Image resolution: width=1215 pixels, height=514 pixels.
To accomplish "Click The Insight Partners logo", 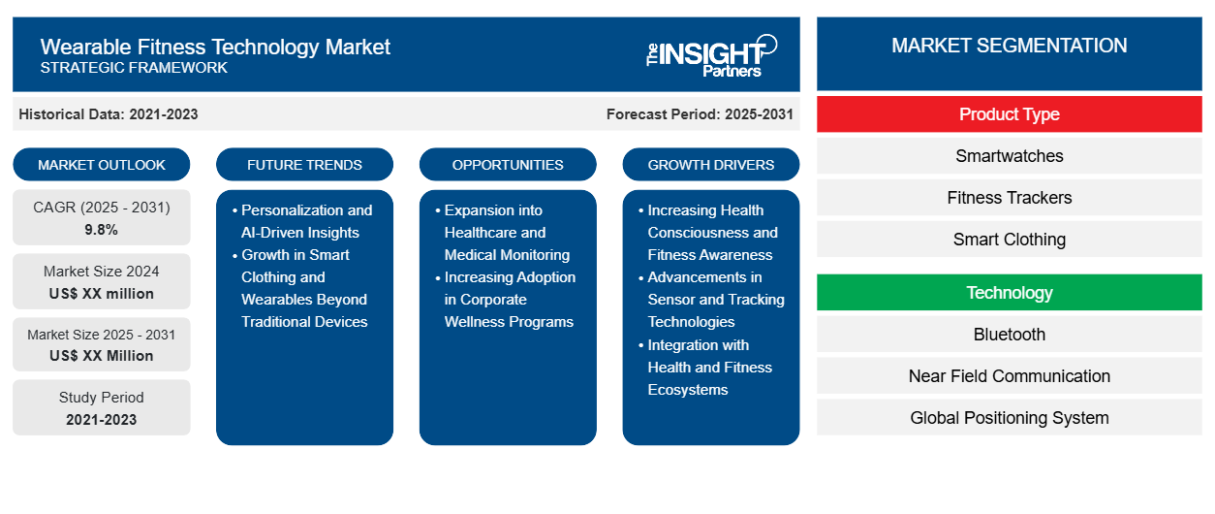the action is (711, 56).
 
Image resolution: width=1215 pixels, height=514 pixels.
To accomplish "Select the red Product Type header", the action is (1009, 114).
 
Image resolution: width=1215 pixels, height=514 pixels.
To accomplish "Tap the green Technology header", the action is (1009, 293).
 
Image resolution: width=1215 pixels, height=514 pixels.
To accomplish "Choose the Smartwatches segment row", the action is (1009, 156).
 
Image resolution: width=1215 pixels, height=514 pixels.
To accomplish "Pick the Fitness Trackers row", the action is (1009, 198).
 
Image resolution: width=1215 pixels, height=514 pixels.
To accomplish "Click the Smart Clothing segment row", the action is (1009, 240).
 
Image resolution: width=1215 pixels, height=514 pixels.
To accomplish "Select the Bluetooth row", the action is (1009, 335).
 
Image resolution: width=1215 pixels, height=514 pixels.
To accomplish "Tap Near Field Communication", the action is (1009, 376).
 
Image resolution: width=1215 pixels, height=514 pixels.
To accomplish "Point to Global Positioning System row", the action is (1009, 418).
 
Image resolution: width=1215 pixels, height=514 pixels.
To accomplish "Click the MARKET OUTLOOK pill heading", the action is (102, 165).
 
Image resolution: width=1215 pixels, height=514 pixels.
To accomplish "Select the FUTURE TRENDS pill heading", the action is (304, 165).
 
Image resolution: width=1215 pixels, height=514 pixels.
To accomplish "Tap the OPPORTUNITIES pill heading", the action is (508, 165).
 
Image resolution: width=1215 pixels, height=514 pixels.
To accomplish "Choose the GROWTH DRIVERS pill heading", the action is (710, 165).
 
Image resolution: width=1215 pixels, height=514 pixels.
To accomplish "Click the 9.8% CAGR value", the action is (101, 230).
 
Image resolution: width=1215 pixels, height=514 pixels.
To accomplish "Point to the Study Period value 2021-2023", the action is (102, 420).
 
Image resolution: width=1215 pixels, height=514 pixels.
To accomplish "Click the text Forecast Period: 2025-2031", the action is (700, 114).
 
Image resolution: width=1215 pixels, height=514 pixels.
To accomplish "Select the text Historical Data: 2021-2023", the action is (109, 114).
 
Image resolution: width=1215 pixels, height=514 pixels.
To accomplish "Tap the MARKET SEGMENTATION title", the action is (1009, 46).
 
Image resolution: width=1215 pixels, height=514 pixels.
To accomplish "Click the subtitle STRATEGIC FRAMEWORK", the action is (134, 68).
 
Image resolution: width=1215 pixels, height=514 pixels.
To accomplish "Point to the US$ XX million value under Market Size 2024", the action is (102, 294).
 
